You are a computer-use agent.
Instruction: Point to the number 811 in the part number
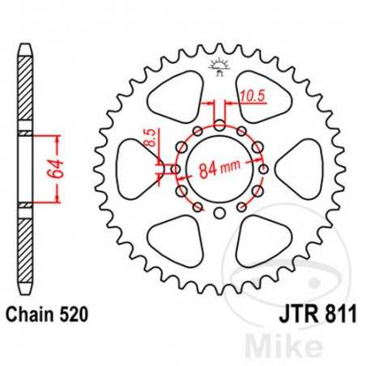[340, 312]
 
